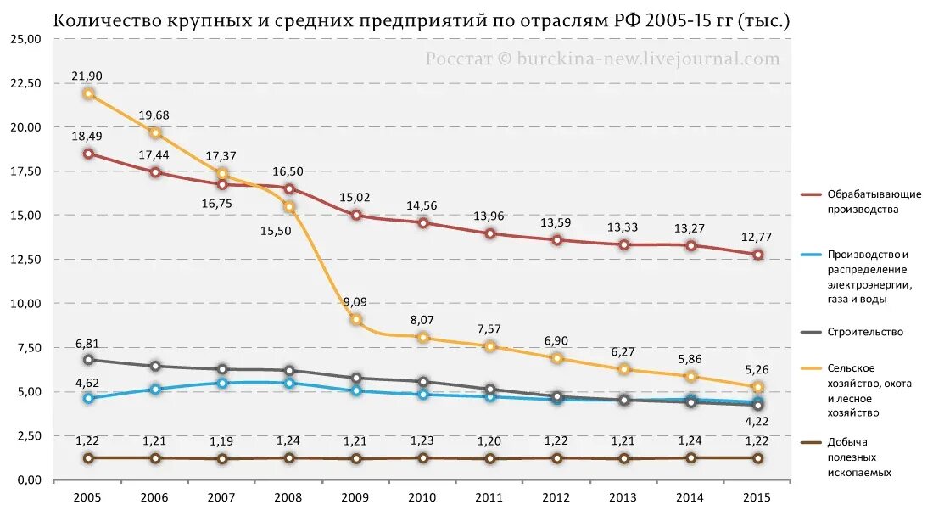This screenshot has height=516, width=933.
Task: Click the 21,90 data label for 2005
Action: (87, 76)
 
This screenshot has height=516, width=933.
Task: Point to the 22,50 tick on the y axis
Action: (26, 83)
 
